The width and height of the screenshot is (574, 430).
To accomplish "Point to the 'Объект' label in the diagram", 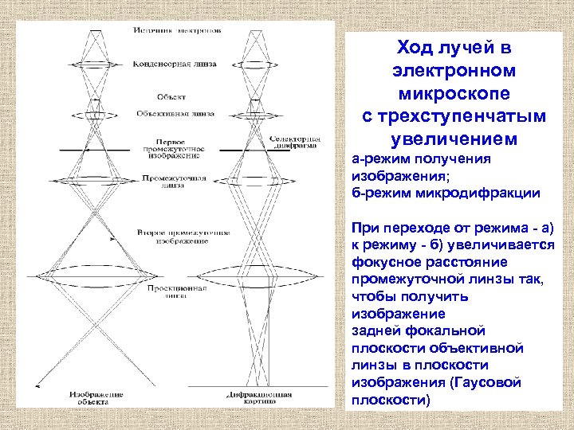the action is [x=171, y=96].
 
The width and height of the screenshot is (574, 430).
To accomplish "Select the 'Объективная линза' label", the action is [x=176, y=112].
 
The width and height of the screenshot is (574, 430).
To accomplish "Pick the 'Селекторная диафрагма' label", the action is [x=295, y=143].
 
